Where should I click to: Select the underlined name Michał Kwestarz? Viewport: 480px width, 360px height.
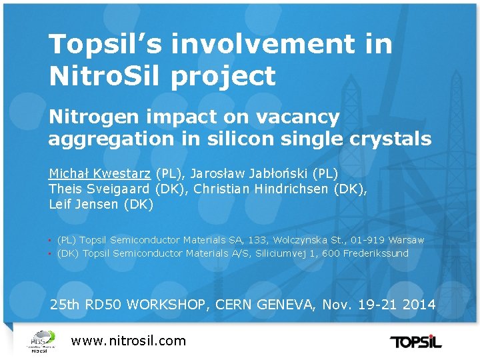click(x=100, y=173)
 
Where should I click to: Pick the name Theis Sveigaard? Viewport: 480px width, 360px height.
click(x=100, y=189)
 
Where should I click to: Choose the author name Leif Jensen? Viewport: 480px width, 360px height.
click(x=85, y=204)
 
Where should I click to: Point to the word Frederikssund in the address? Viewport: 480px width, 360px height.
click(x=375, y=253)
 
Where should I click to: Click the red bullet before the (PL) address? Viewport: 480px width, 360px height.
click(x=51, y=240)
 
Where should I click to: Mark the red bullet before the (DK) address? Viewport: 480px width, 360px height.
click(x=51, y=254)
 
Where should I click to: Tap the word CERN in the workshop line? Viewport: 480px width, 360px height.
click(x=238, y=305)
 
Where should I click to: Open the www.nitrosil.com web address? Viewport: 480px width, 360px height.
click(x=129, y=341)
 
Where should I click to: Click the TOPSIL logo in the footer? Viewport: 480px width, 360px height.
click(x=415, y=342)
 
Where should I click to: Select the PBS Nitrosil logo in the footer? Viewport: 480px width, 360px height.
click(x=40, y=341)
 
